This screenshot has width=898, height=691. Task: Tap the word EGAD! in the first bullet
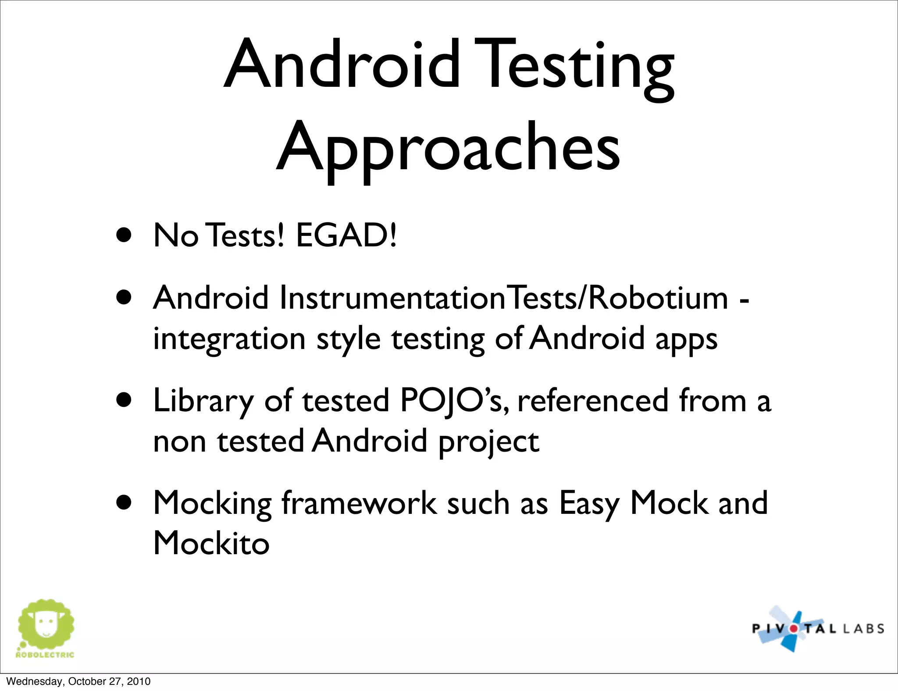(346, 235)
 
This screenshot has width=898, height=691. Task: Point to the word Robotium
(658, 298)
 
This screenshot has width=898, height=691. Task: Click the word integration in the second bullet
(229, 339)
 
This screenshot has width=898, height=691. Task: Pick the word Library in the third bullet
(203, 401)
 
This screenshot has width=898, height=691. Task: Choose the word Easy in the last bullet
(589, 503)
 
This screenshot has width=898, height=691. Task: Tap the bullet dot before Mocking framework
(124, 503)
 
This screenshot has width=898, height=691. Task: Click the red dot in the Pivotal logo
(794, 629)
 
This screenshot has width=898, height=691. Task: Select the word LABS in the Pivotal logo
(863, 629)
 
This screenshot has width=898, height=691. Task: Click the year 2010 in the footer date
(139, 681)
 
